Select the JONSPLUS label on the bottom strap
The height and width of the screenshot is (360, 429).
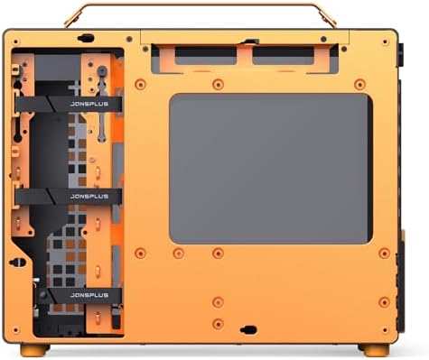[88, 294]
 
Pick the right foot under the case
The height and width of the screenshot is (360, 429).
[379, 349]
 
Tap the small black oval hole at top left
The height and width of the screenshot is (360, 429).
[87, 39]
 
